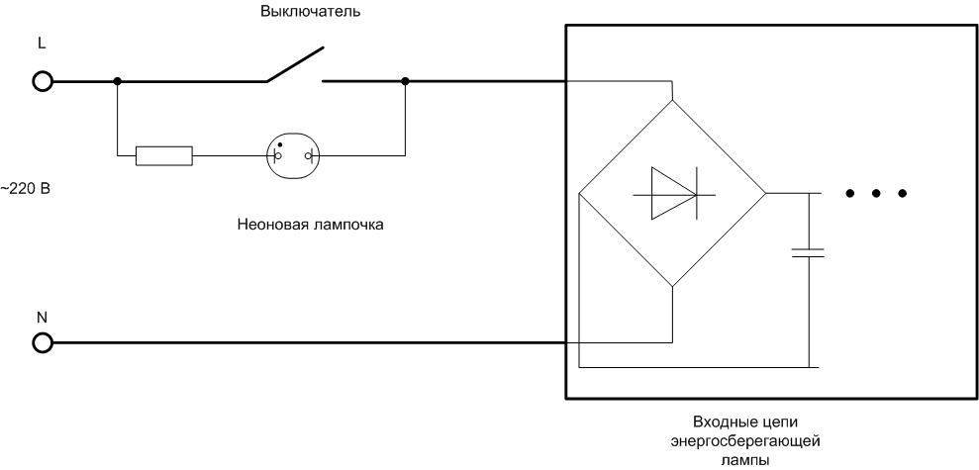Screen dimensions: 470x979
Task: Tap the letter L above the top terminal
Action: (x=41, y=47)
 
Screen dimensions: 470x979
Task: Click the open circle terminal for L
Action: (x=42, y=81)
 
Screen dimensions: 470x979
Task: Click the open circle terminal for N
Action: (x=42, y=342)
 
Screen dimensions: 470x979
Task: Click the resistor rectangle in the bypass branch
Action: (x=164, y=154)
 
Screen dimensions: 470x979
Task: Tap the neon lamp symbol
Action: (x=295, y=155)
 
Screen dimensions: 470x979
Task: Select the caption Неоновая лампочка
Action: (x=311, y=225)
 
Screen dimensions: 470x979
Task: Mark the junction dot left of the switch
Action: (x=118, y=81)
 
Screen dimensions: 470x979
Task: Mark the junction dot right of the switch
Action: (x=406, y=81)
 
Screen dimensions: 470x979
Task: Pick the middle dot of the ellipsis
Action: (x=876, y=193)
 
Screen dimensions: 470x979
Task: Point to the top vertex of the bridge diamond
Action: (x=672, y=100)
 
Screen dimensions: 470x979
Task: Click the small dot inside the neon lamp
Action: (x=280, y=144)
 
